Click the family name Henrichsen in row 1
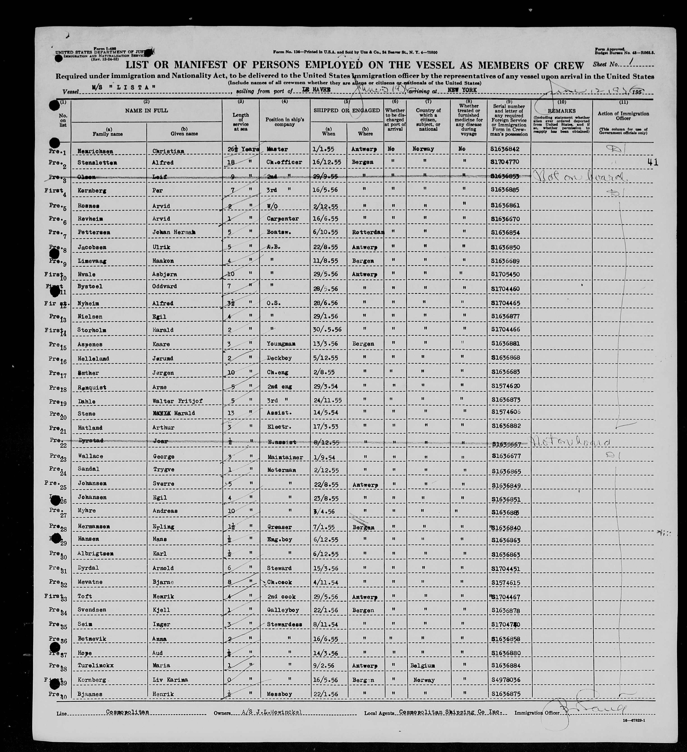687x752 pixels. point(95,151)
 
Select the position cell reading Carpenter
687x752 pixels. point(283,219)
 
